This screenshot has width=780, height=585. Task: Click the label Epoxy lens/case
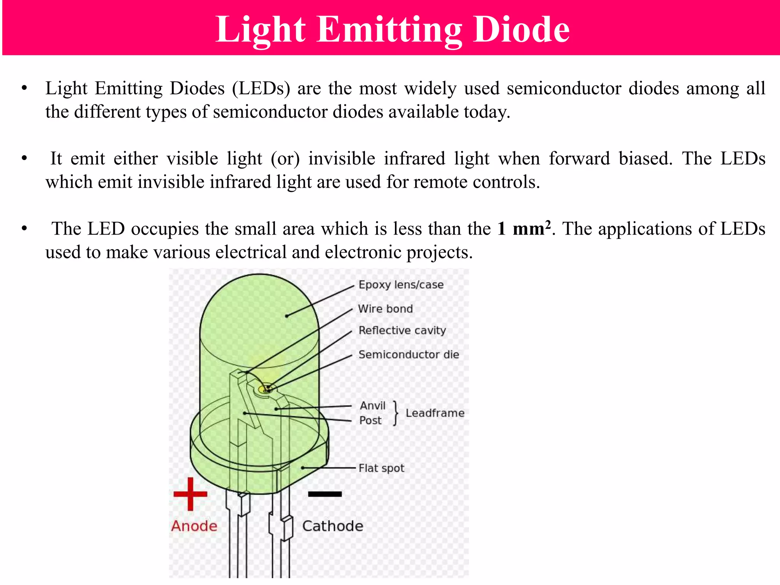click(401, 285)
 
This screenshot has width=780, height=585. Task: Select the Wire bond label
click(385, 309)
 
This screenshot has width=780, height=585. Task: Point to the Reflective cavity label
click(402, 331)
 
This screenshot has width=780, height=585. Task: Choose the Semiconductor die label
click(409, 355)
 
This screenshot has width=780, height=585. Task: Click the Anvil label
click(372, 406)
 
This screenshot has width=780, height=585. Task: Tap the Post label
click(370, 420)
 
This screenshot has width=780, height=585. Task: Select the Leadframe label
click(435, 413)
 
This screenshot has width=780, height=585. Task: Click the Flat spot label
click(381, 468)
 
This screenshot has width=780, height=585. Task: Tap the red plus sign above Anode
click(190, 494)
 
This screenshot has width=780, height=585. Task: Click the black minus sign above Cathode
click(325, 494)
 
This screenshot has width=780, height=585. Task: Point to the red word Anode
click(194, 526)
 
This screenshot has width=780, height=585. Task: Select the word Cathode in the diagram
click(333, 526)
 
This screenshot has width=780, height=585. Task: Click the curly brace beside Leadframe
click(396, 413)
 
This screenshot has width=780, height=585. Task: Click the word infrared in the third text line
click(414, 158)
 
